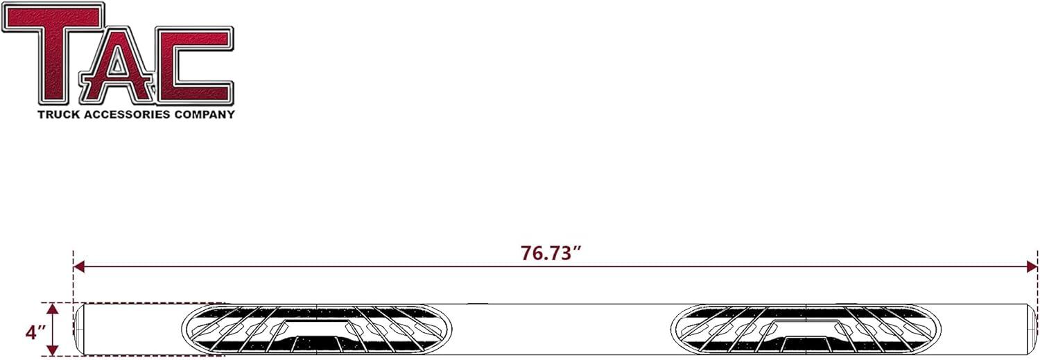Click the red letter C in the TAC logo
(191, 65)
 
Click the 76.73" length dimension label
(551, 253)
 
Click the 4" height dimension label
(36, 332)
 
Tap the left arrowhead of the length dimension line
(78, 266)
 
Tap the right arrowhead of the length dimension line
(1032, 266)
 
